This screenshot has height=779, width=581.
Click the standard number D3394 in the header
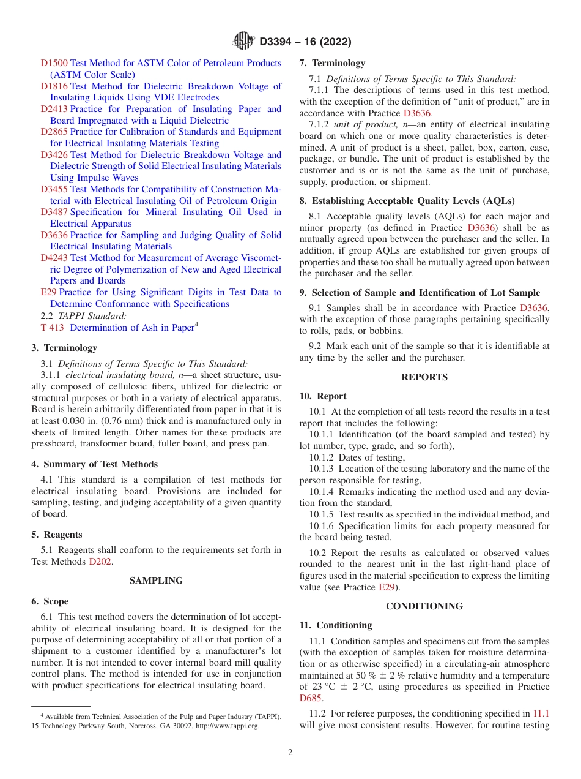(x=279, y=42)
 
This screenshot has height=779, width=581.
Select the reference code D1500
(x=54, y=63)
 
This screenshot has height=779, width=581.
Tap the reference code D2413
(x=54, y=109)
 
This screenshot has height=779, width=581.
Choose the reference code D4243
(x=54, y=258)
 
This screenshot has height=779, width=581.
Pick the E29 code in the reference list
(x=48, y=293)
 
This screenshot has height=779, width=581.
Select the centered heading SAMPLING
(x=156, y=581)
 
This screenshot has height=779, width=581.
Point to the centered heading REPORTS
(x=424, y=377)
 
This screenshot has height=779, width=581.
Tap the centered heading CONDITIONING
(x=424, y=606)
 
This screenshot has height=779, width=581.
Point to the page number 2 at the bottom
(x=290, y=753)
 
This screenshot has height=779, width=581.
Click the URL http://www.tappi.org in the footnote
(x=227, y=726)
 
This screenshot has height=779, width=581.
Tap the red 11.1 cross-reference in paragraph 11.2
(x=541, y=713)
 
